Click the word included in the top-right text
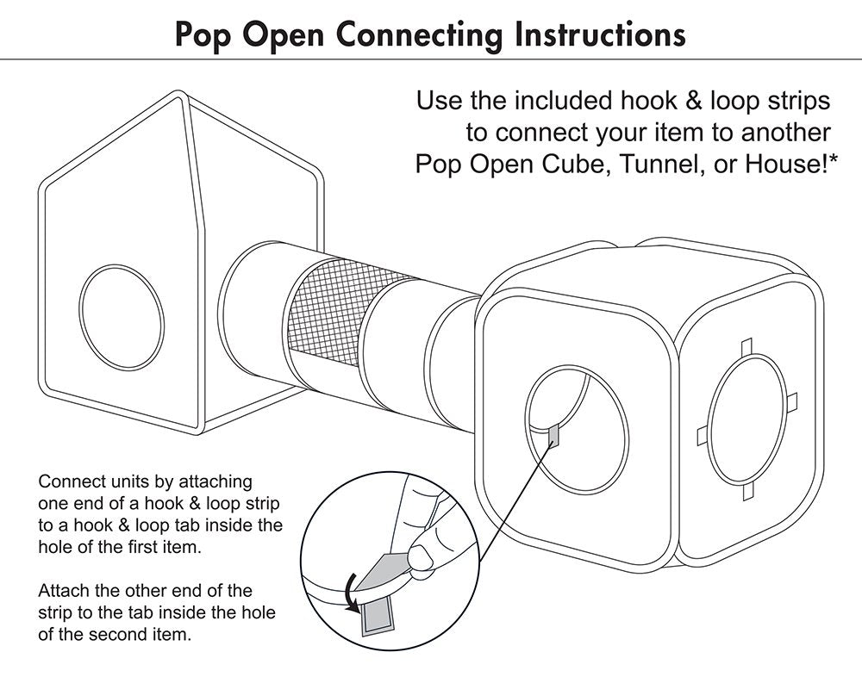565,102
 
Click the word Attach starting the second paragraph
62,591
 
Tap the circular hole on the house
121,307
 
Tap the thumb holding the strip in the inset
423,555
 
